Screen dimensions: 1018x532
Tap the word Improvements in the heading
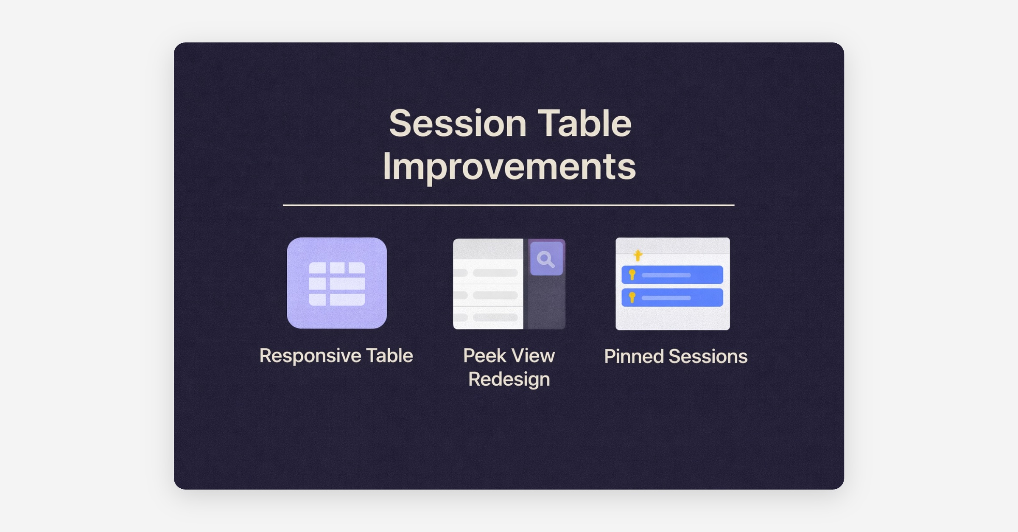pyautogui.click(x=509, y=168)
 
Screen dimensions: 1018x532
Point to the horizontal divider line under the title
pyautogui.click(x=509, y=205)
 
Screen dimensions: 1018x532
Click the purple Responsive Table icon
pyautogui.click(x=337, y=283)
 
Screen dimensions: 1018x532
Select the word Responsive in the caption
pyautogui.click(x=310, y=356)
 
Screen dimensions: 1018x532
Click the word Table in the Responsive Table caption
pyautogui.click(x=389, y=356)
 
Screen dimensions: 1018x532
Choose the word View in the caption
pyautogui.click(x=533, y=356)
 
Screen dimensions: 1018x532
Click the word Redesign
pyautogui.click(x=509, y=379)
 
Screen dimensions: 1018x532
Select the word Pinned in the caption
pyautogui.click(x=634, y=356)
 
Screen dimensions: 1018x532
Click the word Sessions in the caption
pyautogui.click(x=708, y=356)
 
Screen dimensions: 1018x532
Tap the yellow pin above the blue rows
pyautogui.click(x=638, y=255)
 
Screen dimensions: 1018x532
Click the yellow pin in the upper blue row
pyautogui.click(x=632, y=275)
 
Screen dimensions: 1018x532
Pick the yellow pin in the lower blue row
pyautogui.click(x=632, y=297)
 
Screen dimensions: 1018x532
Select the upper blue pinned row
pyautogui.click(x=672, y=275)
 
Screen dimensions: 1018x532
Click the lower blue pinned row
pyautogui.click(x=672, y=297)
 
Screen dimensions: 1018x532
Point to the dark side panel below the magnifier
pyautogui.click(x=545, y=303)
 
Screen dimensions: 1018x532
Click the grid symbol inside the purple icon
pyautogui.click(x=337, y=284)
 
